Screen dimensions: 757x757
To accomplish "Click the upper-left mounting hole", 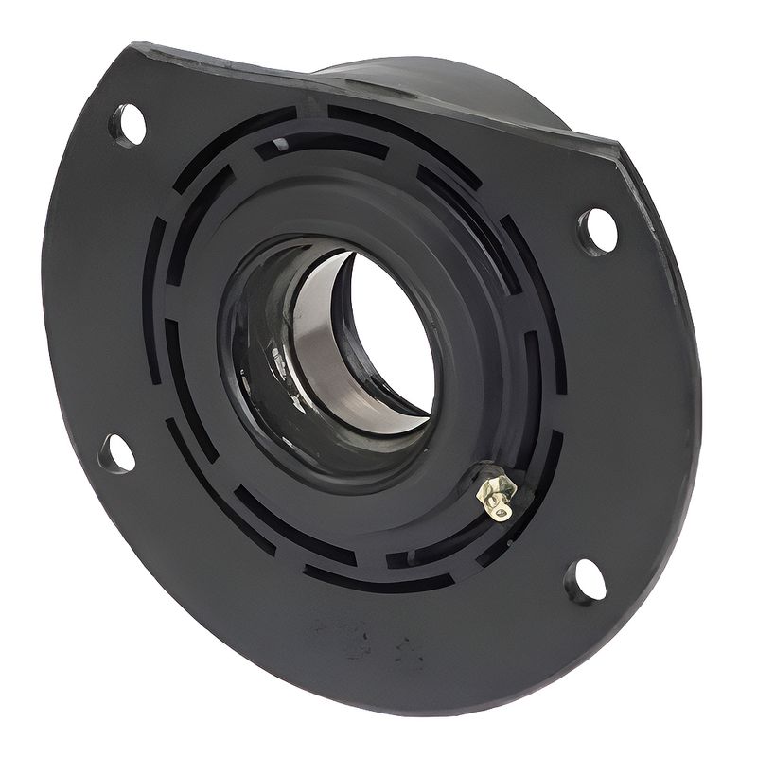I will (x=129, y=124).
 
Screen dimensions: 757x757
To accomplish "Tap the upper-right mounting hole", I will (x=596, y=231).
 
